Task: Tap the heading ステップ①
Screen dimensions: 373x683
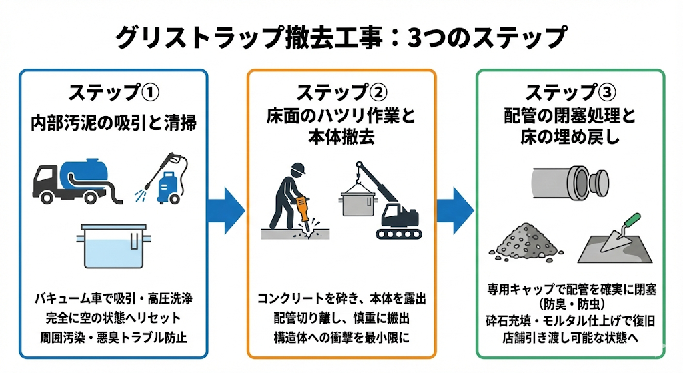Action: pos(114,92)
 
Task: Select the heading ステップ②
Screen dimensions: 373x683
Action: pos(341,92)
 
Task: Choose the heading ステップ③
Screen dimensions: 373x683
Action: pos(570,92)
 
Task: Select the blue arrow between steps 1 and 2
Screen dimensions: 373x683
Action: pos(227,208)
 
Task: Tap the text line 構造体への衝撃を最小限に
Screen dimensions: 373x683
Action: pos(341,336)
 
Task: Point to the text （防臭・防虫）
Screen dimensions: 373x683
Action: pos(570,305)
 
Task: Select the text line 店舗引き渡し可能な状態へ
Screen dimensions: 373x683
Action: pos(570,337)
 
